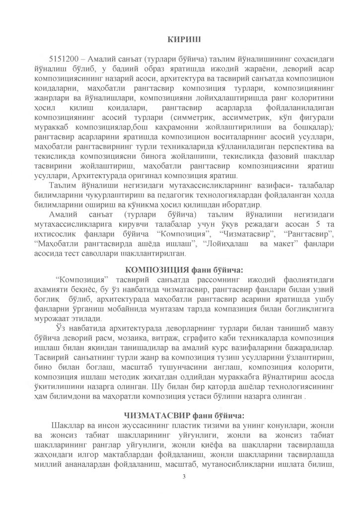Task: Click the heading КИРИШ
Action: pos(180,40)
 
